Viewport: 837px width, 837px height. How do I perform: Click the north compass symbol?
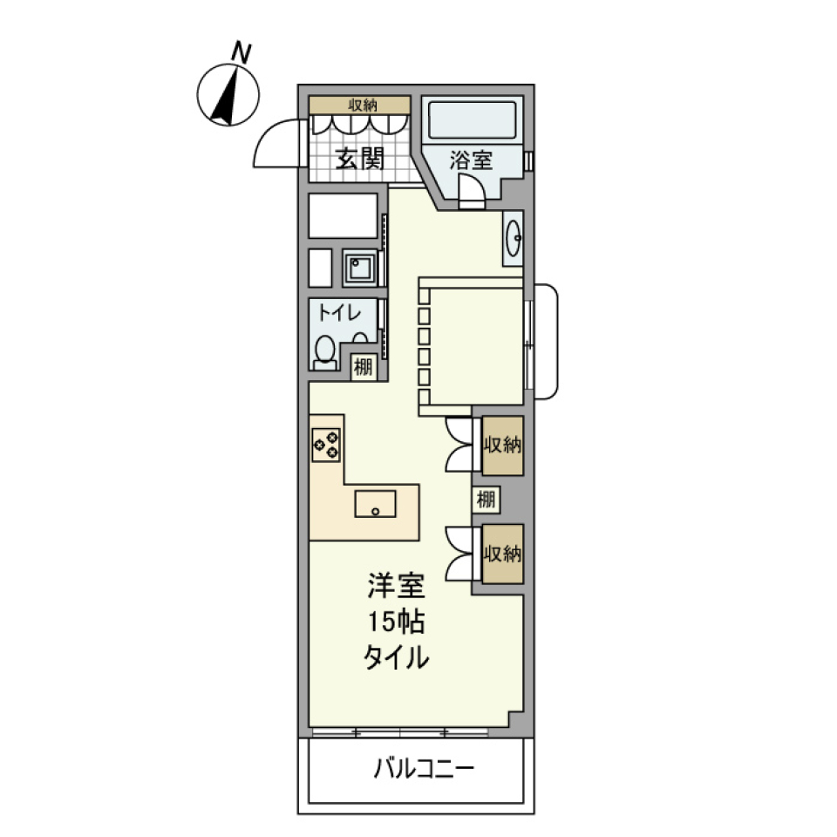tap(228, 94)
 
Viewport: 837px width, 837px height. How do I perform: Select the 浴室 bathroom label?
tap(471, 160)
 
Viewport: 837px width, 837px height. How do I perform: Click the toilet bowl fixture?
tap(324, 350)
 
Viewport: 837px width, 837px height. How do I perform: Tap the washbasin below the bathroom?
tap(514, 236)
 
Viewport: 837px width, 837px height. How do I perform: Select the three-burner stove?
tap(326, 445)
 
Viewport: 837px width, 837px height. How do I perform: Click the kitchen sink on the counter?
tap(375, 503)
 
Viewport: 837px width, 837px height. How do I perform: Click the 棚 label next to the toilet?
tap(363, 366)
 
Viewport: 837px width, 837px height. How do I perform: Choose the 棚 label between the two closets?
tap(486, 500)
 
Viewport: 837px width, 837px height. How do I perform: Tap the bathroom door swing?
tap(471, 188)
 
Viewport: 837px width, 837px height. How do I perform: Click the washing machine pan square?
tap(360, 267)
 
